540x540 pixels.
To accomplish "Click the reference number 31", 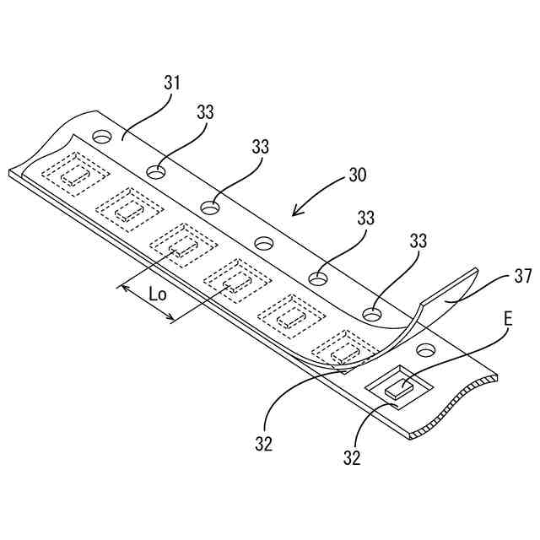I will click(172, 83).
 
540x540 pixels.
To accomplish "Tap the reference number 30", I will click(358, 177).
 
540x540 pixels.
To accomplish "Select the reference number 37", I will click(522, 278).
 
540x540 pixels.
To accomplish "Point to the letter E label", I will click(508, 318).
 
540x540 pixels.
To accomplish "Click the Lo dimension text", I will click(157, 295).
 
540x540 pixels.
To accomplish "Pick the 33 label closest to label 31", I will click(205, 112).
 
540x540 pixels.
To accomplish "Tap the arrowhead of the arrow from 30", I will click(294, 214).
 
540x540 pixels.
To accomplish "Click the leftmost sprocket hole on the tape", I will click(102, 136).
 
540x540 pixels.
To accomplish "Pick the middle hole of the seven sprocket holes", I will click(264, 243).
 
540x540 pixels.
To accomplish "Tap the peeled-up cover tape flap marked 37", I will click(447, 294).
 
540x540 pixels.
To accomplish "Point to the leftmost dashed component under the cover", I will click(74, 175).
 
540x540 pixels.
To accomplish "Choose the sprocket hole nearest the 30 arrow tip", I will click(264, 243).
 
